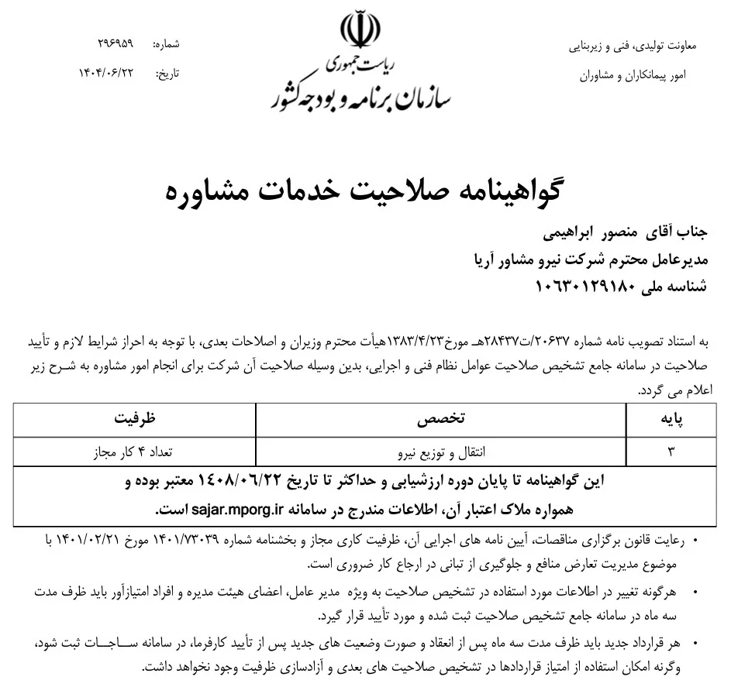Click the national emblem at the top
pyautogui.click(x=361, y=30)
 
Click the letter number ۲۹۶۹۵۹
pyautogui.click(x=116, y=45)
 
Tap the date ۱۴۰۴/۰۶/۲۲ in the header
pyautogui.click(x=106, y=73)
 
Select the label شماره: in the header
pyautogui.click(x=167, y=46)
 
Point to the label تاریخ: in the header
pyautogui.click(x=168, y=74)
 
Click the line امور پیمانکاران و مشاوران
pyautogui.click(x=633, y=77)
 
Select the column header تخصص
pyautogui.click(x=441, y=419)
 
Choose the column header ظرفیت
pyautogui.click(x=135, y=419)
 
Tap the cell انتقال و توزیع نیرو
pyautogui.click(x=441, y=450)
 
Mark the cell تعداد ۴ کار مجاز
pyautogui.click(x=135, y=450)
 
